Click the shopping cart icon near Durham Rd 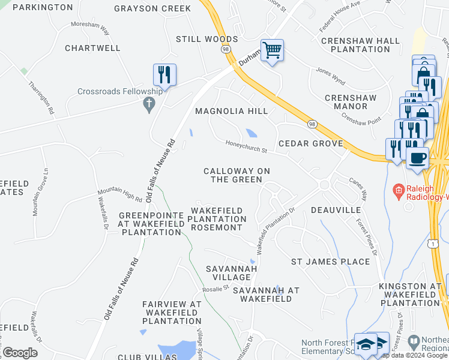click(x=272, y=52)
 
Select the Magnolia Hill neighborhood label click(x=231, y=111)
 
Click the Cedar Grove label click(x=310, y=143)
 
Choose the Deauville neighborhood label click(x=336, y=210)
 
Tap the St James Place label click(x=330, y=262)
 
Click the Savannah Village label click(x=231, y=272)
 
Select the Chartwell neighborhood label click(x=93, y=47)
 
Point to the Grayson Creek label click(x=152, y=8)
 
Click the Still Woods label click(x=206, y=39)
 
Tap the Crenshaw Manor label click(x=346, y=101)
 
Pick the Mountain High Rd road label click(x=120, y=194)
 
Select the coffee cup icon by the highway click(x=418, y=158)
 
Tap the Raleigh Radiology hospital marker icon click(x=397, y=191)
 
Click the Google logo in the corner click(x=20, y=353)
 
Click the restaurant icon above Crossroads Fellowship click(x=164, y=75)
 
